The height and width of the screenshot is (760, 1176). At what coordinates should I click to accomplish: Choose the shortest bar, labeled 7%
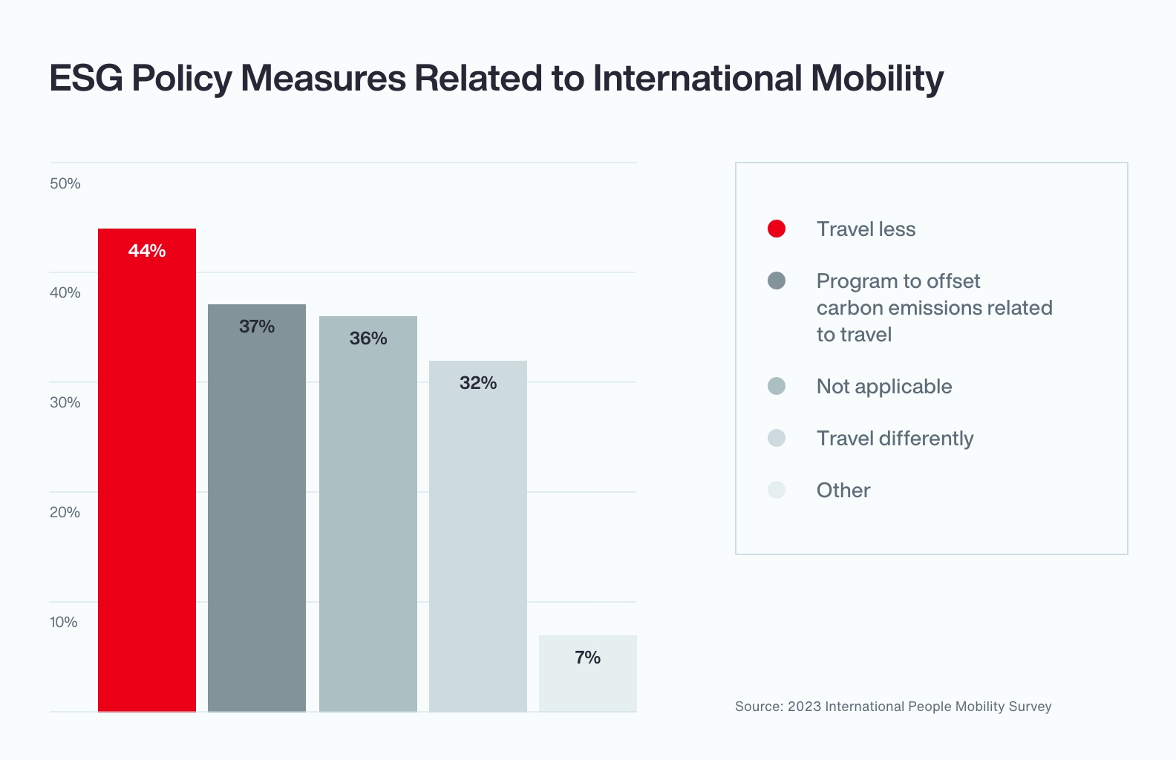(588, 683)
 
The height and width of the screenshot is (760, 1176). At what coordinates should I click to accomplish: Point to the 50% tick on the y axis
(65, 183)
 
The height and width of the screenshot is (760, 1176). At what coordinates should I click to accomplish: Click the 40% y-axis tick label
(65, 292)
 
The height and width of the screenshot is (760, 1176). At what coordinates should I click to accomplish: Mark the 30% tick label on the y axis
(65, 402)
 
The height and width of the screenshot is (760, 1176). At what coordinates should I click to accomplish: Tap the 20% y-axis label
(65, 512)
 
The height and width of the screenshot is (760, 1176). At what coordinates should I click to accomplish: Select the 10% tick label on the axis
(64, 622)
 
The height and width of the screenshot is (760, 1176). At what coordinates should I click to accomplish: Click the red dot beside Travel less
(777, 229)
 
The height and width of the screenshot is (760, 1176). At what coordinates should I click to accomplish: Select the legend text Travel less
(866, 229)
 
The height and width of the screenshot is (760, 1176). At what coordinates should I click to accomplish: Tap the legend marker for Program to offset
(777, 281)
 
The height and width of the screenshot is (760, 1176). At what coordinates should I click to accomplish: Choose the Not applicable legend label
(883, 387)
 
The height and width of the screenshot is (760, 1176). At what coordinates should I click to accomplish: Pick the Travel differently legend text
(895, 439)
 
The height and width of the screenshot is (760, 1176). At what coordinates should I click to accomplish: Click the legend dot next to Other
(777, 490)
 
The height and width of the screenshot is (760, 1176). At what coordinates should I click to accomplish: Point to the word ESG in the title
(86, 78)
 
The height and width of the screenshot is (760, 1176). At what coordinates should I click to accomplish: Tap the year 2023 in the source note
(804, 707)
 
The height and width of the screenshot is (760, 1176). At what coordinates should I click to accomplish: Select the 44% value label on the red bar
(147, 251)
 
